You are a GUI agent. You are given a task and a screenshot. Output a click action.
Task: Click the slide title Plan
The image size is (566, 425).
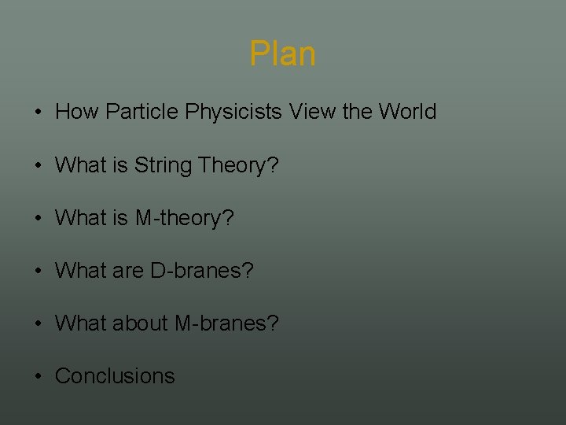[283, 54]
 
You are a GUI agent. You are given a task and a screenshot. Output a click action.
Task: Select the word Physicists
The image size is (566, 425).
[233, 112]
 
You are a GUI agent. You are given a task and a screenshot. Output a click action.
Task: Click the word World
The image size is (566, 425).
[406, 112]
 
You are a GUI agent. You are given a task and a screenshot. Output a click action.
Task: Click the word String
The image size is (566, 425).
[164, 165]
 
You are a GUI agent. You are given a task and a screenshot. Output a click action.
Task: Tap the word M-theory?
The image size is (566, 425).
[185, 218]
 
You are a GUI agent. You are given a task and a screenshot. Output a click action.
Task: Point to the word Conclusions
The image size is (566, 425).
[115, 376]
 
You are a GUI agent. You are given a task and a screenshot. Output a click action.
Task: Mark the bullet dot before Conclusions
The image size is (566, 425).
[39, 376]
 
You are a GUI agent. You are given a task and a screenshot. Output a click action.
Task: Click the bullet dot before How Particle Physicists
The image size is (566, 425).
[39, 112]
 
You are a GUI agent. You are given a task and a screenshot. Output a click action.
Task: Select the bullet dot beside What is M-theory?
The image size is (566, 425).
[39, 218]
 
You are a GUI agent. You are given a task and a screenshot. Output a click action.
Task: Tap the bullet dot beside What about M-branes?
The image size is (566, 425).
[39, 323]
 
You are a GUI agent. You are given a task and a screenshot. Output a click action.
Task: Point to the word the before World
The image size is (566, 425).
[358, 112]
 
